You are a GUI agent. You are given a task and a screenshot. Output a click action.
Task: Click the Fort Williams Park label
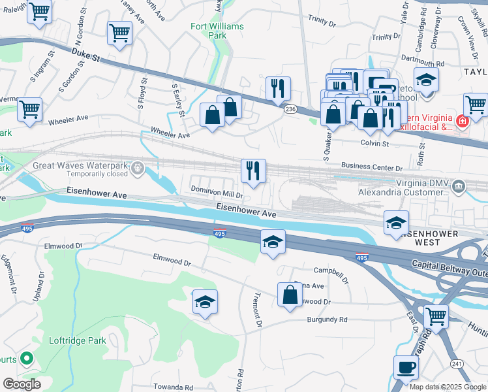217,31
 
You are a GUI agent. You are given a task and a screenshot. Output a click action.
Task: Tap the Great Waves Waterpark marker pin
138,169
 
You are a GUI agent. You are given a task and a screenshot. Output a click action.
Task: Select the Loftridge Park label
77,340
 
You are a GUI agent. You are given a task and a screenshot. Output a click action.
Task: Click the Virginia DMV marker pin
459,187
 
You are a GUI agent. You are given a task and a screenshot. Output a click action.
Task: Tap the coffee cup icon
406,367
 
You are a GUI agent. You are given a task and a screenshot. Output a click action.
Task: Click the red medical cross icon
462,122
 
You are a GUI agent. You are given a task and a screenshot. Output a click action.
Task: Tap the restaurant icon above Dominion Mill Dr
253,171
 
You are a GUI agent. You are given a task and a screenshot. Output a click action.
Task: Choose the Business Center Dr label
367,167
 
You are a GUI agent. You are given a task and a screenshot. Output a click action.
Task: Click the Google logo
22,384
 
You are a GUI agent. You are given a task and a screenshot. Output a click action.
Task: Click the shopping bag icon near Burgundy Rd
289,295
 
